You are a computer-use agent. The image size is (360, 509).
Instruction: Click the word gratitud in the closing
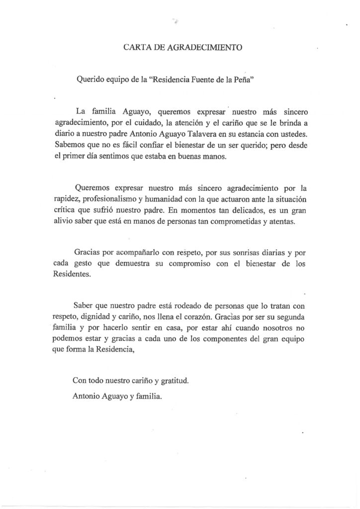tap(174, 382)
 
